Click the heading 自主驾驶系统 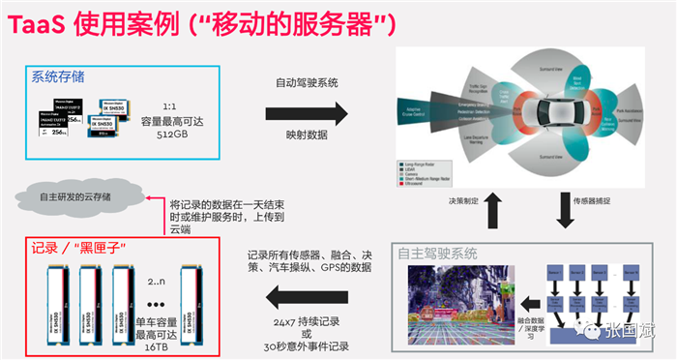(436, 254)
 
